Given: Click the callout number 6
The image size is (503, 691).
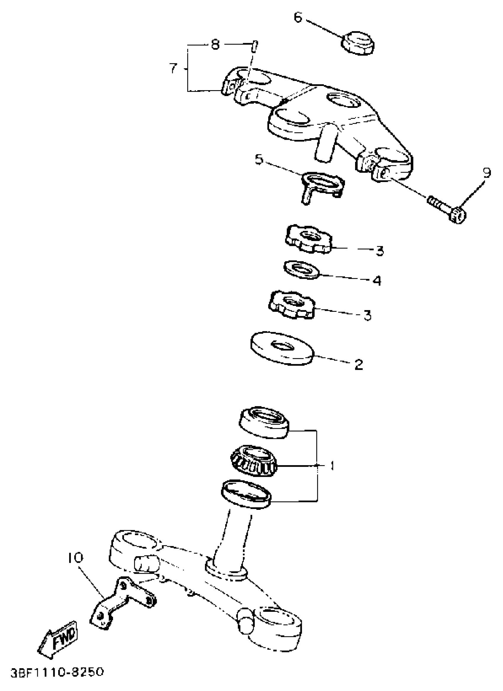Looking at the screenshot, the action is (x=298, y=17).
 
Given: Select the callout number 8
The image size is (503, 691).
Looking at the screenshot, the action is (x=215, y=45).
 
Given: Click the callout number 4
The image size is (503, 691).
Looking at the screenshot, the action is (x=377, y=280).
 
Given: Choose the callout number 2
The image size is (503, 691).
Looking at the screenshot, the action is (x=359, y=364).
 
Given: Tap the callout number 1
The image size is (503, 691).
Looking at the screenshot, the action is (x=332, y=465).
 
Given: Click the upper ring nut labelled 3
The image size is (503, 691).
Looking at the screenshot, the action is (x=308, y=239).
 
